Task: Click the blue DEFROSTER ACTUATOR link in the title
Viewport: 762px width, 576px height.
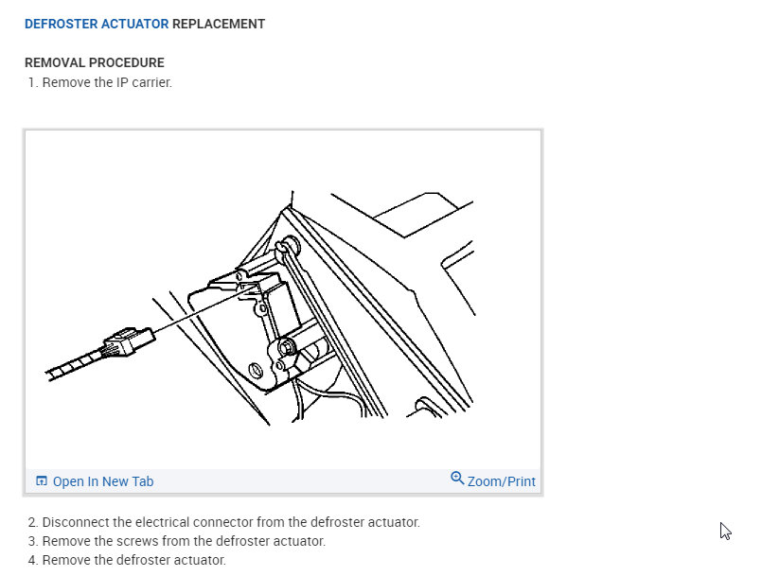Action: click(97, 24)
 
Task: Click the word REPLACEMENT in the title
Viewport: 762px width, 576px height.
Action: click(219, 24)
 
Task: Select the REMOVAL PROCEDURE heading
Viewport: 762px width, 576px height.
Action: click(95, 63)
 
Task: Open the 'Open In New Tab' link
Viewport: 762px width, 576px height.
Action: click(102, 481)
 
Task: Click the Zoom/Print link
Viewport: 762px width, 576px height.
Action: click(501, 481)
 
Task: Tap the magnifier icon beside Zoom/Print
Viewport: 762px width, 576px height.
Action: click(457, 479)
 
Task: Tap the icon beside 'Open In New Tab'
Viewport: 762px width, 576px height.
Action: click(41, 481)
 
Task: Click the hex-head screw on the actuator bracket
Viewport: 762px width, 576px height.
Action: click(285, 348)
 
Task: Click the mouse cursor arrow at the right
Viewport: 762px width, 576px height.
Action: click(725, 531)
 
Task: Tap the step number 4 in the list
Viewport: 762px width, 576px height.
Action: click(32, 561)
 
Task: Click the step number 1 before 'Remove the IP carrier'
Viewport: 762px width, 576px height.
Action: click(32, 82)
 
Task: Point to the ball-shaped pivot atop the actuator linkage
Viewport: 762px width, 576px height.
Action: click(283, 248)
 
